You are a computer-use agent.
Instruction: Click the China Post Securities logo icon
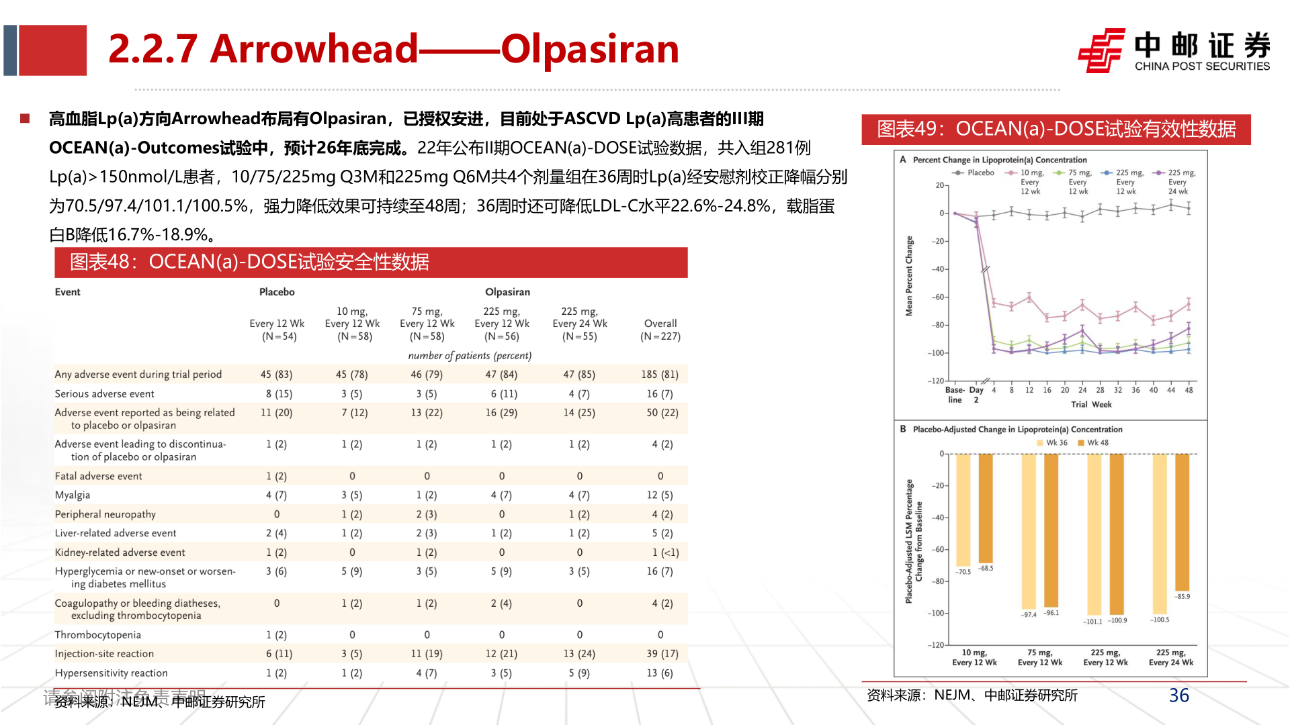point(1101,50)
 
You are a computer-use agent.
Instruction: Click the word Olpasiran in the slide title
point(590,49)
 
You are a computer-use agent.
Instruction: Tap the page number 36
point(1178,695)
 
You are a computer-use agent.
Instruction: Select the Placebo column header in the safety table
point(277,292)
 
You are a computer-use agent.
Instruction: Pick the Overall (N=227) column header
point(660,330)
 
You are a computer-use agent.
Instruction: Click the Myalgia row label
point(73,495)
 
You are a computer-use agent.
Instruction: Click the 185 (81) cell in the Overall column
point(660,375)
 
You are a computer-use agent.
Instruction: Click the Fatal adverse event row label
point(99,476)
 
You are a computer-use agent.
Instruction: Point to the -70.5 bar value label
point(963,572)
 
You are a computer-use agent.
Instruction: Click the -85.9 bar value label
point(1182,596)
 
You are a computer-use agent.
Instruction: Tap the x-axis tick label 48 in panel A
point(1189,390)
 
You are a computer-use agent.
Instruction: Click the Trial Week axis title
point(1091,404)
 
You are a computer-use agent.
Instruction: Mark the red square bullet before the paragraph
point(26,119)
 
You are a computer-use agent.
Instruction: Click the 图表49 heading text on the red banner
point(1056,129)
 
